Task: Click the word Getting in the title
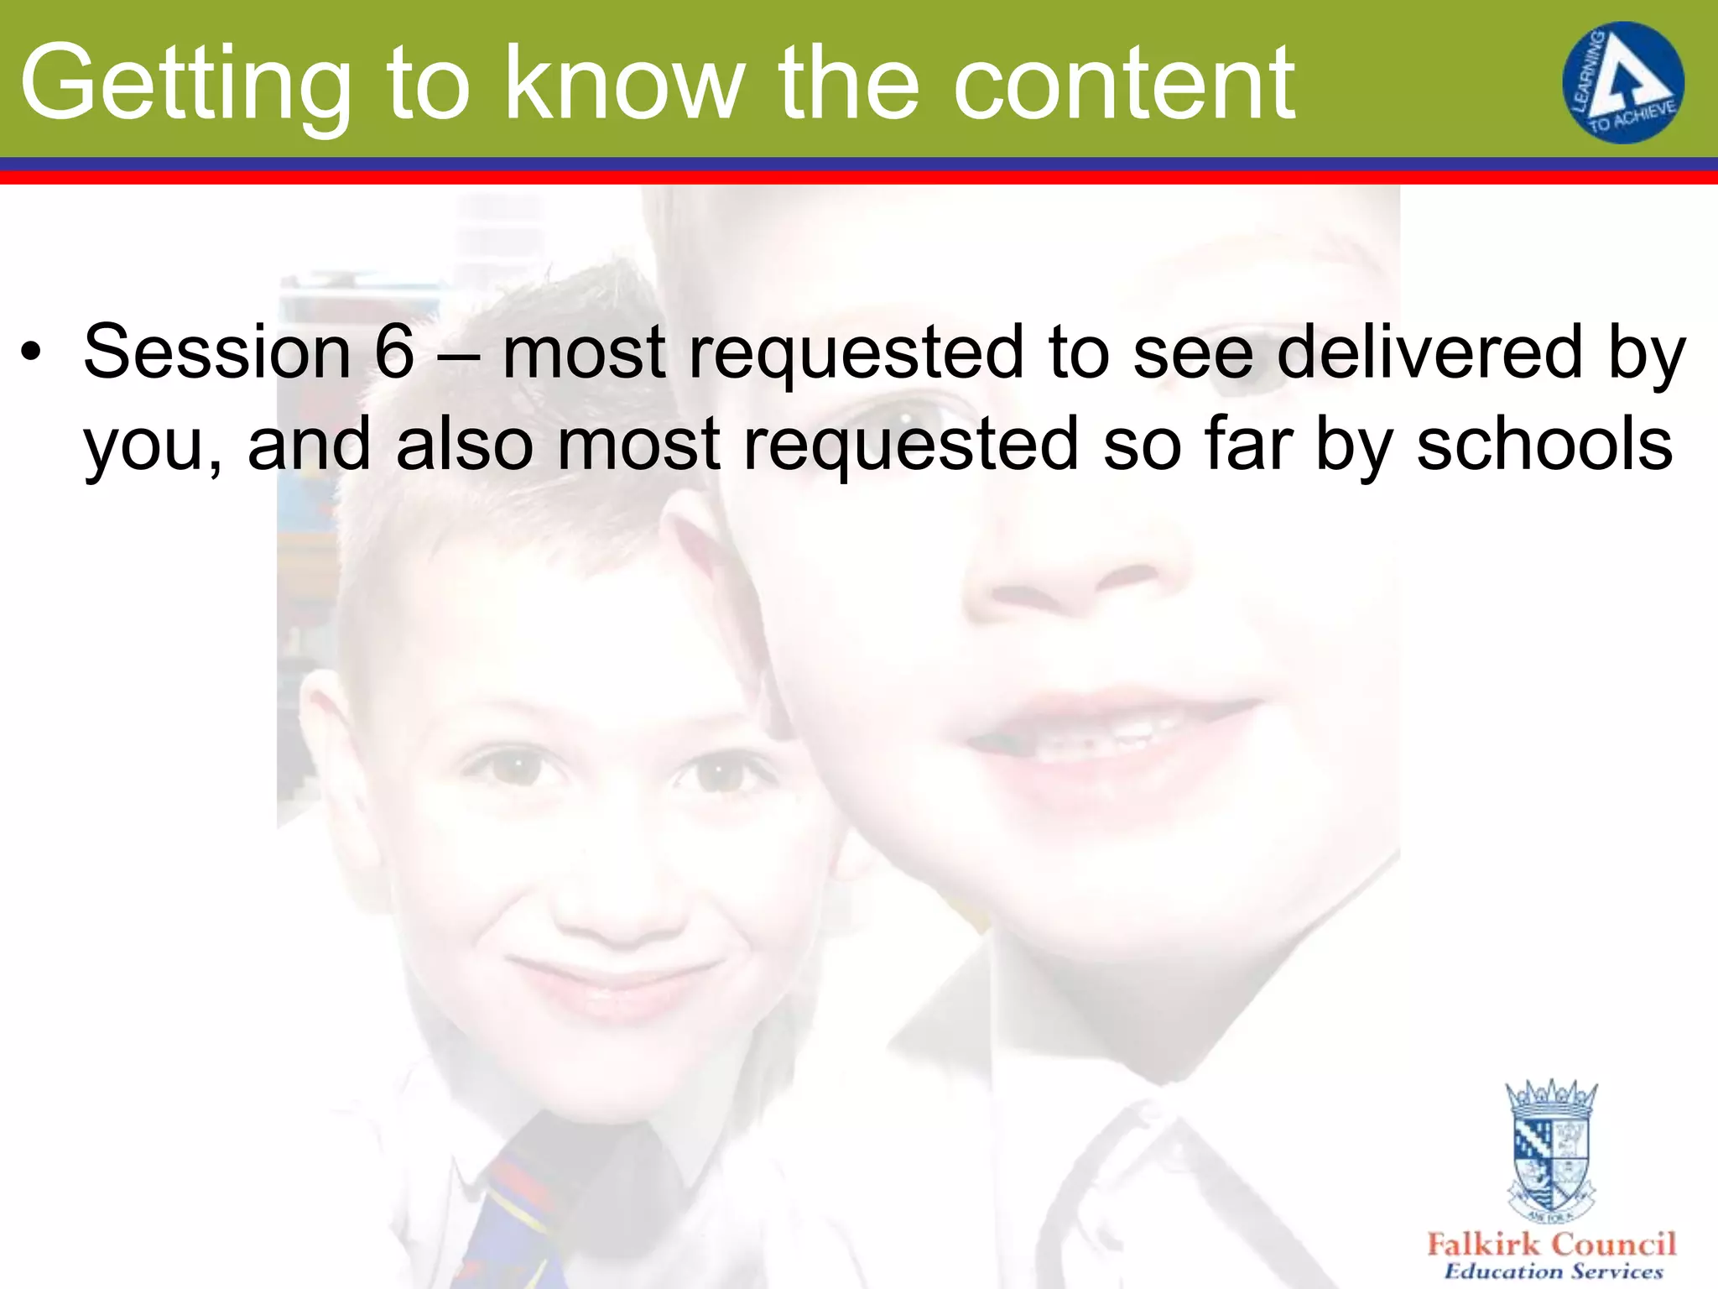pos(185,84)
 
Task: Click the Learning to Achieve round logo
pos(1622,82)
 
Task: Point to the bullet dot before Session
pos(31,352)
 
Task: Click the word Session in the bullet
pos(216,352)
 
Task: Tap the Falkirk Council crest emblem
pos(1551,1150)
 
